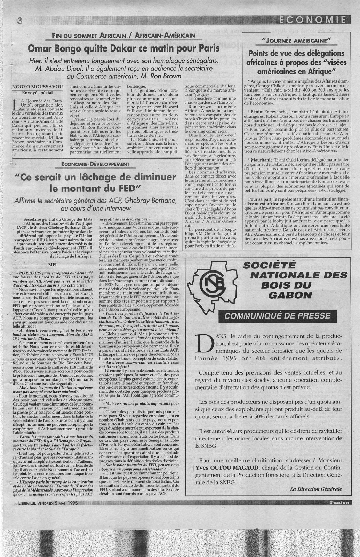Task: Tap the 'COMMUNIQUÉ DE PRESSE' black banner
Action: pos(277,316)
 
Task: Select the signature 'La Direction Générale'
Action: pos(316,489)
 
